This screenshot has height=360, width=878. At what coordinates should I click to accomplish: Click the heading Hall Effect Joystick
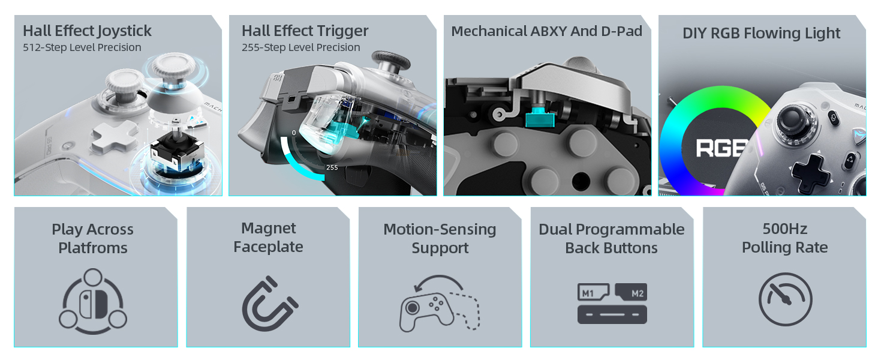(87, 31)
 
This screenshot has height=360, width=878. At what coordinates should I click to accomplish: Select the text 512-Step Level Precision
(82, 47)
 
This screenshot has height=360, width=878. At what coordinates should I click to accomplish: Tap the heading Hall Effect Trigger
(305, 31)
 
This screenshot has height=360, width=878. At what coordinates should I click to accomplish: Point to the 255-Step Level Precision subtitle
(300, 47)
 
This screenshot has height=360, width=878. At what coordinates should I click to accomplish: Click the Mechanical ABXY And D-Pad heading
(546, 31)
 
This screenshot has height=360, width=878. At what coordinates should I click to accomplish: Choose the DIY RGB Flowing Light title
(761, 34)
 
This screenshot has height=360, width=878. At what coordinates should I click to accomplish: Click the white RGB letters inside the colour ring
(721, 148)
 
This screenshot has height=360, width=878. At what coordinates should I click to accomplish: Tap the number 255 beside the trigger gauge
(332, 167)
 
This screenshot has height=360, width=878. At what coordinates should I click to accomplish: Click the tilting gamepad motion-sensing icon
(440, 304)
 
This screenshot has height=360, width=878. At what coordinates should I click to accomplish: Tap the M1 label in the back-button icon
(588, 293)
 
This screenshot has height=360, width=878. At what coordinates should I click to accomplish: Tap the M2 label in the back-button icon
(636, 293)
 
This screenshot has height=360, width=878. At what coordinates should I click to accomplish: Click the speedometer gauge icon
(785, 299)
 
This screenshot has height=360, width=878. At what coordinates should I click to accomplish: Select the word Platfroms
(93, 248)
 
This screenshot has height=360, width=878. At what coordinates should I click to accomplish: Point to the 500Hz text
(784, 229)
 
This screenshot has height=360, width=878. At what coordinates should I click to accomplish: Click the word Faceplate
(268, 247)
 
